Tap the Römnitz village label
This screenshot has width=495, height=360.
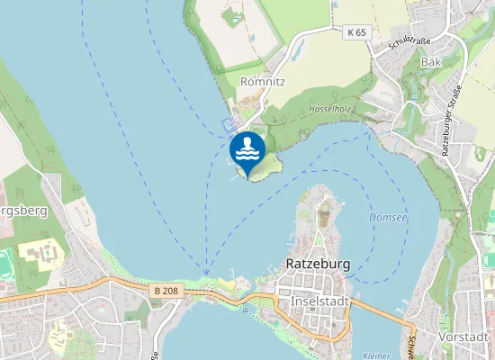pyautogui.click(x=262, y=81)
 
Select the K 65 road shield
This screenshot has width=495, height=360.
pyautogui.click(x=356, y=32)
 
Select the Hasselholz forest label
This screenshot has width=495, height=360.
pyautogui.click(x=329, y=108)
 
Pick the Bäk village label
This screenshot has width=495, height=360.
pyautogui.click(x=431, y=62)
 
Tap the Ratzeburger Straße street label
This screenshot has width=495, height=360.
pyautogui.click(x=452, y=121)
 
